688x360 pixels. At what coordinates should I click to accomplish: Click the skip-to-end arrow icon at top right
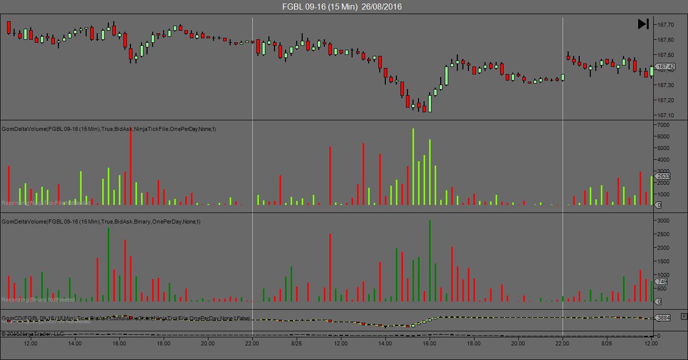pos(643,24)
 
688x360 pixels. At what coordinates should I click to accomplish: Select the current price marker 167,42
pos(666,66)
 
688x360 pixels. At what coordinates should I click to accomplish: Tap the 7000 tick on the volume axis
pos(664,125)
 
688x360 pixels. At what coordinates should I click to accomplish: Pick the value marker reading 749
pos(662,281)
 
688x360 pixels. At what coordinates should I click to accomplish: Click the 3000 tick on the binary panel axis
pos(664,221)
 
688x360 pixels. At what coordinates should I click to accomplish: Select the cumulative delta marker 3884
pos(664,318)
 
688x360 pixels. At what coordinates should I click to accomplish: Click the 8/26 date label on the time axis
pos(606,344)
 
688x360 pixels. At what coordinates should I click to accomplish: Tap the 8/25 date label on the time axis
pos(296,344)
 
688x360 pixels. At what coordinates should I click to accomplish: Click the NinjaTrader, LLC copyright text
pos(33,334)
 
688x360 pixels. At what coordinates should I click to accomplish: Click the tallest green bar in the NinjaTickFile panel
pos(413,166)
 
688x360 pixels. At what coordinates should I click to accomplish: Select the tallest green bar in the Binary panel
pos(430,260)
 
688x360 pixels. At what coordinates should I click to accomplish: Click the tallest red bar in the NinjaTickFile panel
pos(130,166)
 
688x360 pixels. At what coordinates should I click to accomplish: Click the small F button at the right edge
pos(683,316)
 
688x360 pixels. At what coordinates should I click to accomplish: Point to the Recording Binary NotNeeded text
pos(38,300)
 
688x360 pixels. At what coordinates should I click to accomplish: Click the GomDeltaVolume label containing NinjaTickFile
pos(109,129)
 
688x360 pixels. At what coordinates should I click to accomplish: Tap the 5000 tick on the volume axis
pos(664,148)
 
